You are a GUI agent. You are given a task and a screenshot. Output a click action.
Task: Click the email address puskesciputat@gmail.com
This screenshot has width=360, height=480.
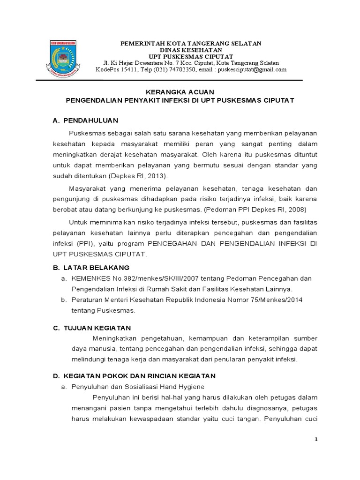pyautogui.click(x=253, y=70)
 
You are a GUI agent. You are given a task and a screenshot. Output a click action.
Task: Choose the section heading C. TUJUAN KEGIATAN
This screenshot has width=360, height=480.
pyautogui.click(x=91, y=327)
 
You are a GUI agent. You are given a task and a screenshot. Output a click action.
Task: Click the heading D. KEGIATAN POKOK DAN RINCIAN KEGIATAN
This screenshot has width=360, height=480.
pyautogui.click(x=134, y=376)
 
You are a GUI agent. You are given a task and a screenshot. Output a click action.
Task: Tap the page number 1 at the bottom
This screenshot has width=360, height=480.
pyautogui.click(x=316, y=439)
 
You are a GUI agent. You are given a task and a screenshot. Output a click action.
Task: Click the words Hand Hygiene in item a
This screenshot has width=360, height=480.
pyautogui.click(x=192, y=387)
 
